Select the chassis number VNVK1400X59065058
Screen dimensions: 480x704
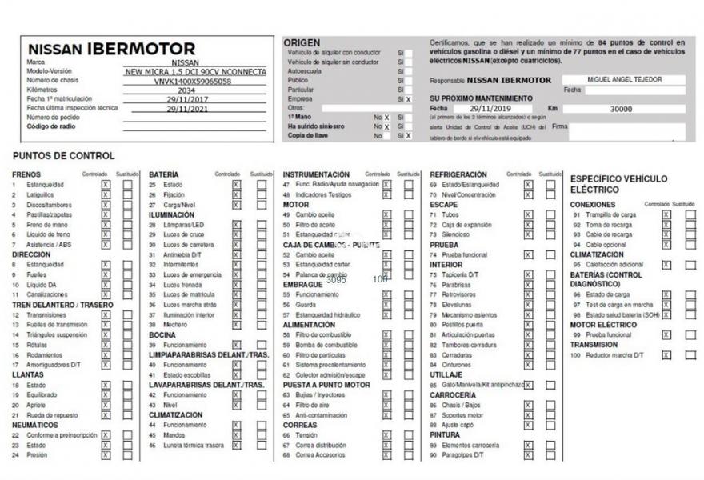[x=193, y=81]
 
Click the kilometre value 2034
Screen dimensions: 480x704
[x=186, y=90]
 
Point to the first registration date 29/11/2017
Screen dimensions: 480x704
[x=186, y=99]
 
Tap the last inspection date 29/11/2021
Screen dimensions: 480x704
[x=186, y=109]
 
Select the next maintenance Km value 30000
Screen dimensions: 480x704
[x=621, y=109]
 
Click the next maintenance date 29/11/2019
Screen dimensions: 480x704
[x=490, y=108]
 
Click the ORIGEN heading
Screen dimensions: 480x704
[x=302, y=42]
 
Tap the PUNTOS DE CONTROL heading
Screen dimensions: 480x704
[x=64, y=156]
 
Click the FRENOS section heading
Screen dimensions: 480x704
[x=26, y=174]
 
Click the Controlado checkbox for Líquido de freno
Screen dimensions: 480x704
[x=106, y=234]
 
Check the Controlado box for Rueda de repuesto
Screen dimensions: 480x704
[x=106, y=415]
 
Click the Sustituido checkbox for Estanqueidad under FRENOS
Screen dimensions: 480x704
[x=128, y=185]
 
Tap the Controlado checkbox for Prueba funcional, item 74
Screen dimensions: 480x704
[x=528, y=254]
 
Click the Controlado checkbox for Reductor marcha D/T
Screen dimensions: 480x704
[x=666, y=355]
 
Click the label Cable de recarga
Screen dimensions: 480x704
[x=609, y=234]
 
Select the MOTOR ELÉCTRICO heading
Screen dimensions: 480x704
[x=603, y=325]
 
